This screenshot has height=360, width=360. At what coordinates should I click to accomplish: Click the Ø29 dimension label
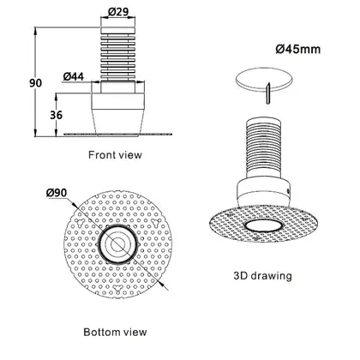pos(118,11)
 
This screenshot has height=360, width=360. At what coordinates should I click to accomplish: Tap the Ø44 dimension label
pos(74,76)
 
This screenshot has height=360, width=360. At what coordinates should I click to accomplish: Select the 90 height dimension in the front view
pos(35,83)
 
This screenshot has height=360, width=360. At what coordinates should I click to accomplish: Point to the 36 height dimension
pos(56,115)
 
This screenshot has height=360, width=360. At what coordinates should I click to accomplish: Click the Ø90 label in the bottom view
pos(57,193)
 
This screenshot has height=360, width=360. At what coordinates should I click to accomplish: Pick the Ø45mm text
pos(298,49)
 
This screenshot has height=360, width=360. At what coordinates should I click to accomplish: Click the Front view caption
pos(115,155)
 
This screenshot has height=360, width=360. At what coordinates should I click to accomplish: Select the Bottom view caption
pos(115,332)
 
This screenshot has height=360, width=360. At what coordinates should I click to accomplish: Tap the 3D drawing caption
pos(263,276)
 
